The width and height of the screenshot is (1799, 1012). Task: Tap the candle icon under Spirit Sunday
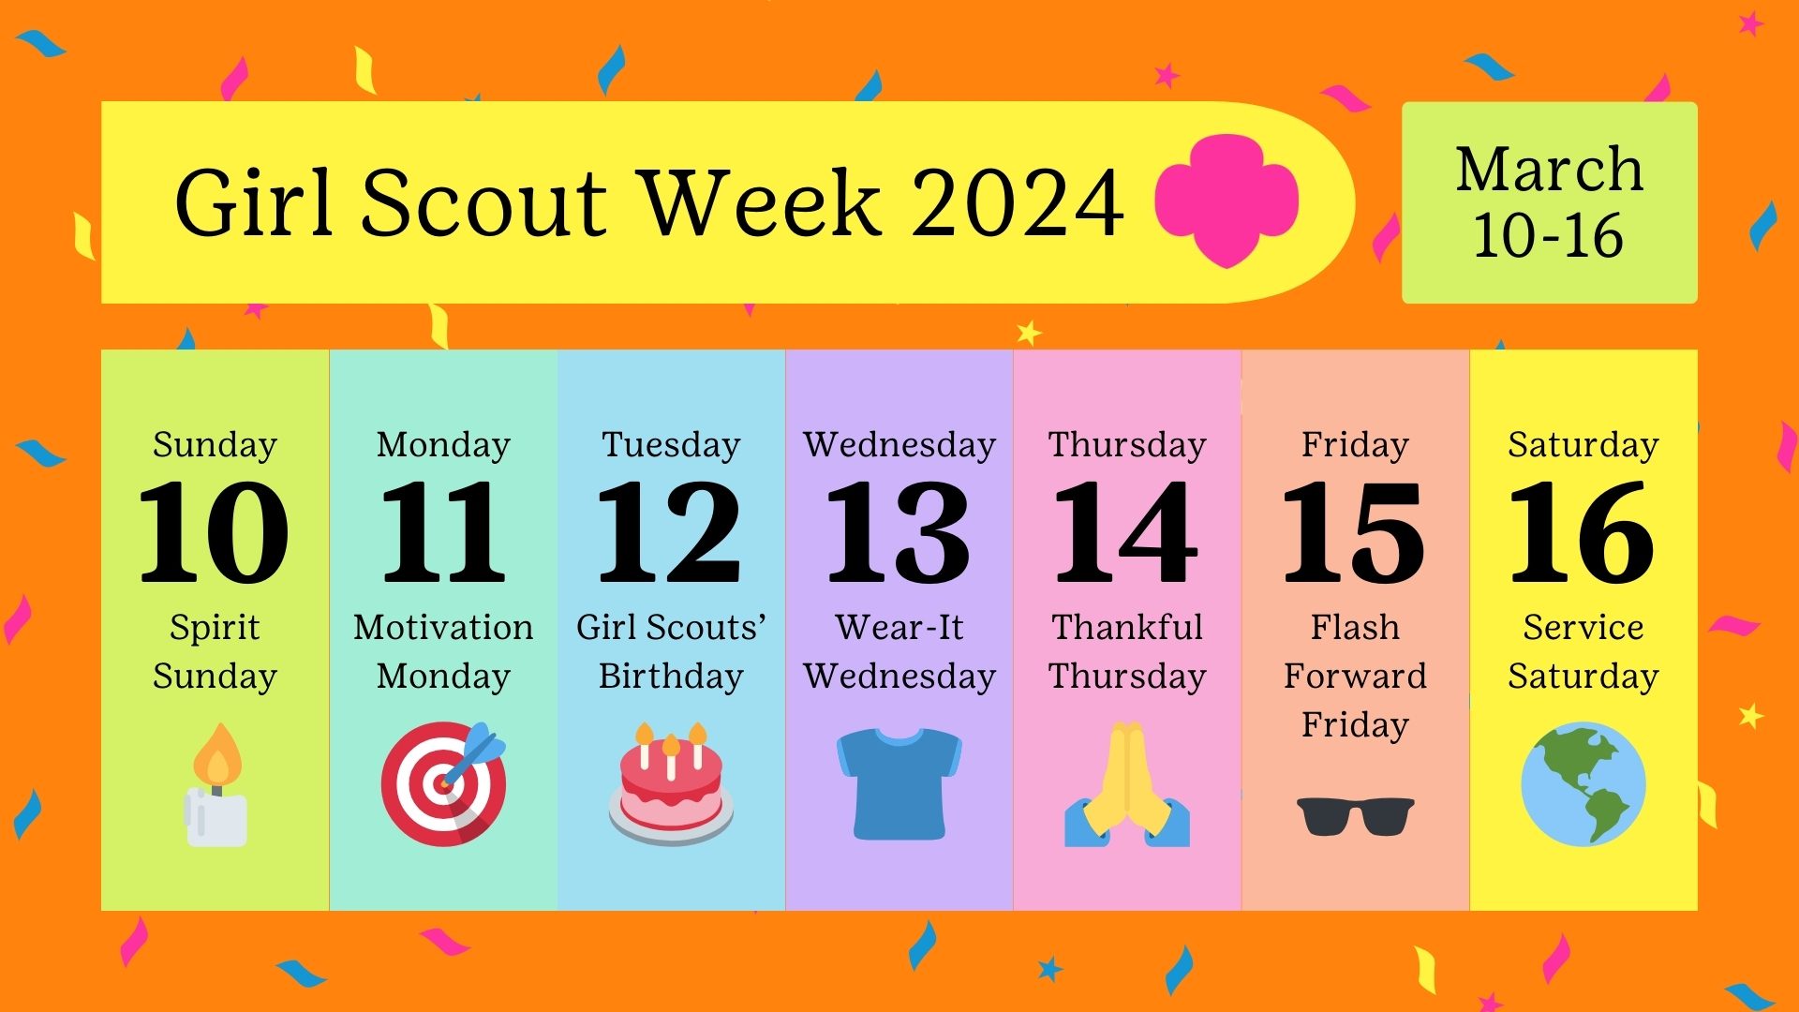(x=216, y=785)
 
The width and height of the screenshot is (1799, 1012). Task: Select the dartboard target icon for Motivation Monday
(x=444, y=783)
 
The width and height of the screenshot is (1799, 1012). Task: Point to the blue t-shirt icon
(x=899, y=783)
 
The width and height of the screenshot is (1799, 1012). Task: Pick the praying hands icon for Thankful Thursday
(x=1127, y=784)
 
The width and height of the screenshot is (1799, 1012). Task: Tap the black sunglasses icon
(x=1355, y=815)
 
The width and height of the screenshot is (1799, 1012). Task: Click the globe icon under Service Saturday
(x=1583, y=783)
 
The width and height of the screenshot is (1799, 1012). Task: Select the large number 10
(x=215, y=532)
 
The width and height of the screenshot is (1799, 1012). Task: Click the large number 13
(x=899, y=532)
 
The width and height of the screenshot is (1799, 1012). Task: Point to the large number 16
(x=1583, y=532)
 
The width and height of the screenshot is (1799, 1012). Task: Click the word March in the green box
(x=1550, y=170)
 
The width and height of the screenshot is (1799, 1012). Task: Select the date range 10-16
(x=1549, y=235)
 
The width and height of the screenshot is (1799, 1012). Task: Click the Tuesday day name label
(x=671, y=445)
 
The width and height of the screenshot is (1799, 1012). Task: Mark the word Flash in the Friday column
(x=1355, y=627)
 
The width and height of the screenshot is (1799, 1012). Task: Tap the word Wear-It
(x=899, y=627)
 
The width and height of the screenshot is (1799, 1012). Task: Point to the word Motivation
(x=443, y=627)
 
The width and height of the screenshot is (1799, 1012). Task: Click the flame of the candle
(x=217, y=755)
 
